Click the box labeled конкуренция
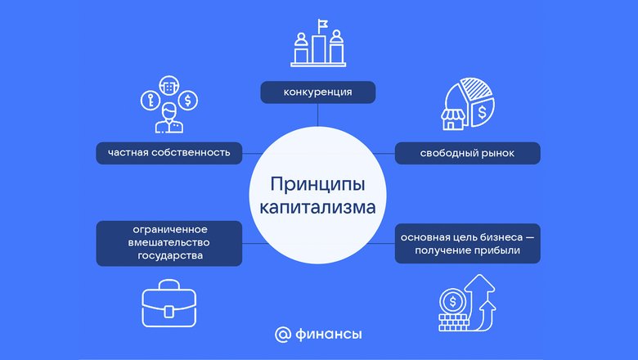318,92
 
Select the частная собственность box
168,153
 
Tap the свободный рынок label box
468,153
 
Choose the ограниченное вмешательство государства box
168,243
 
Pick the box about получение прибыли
468,243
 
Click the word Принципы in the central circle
318,184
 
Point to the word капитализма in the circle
318,207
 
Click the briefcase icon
168,303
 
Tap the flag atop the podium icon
323,25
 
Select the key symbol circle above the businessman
151,100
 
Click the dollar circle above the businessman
188,100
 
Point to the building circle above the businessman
168,86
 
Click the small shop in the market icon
453,119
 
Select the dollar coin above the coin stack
452,302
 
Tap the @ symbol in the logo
283,335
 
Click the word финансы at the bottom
328,335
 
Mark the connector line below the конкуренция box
318,115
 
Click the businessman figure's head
168,110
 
